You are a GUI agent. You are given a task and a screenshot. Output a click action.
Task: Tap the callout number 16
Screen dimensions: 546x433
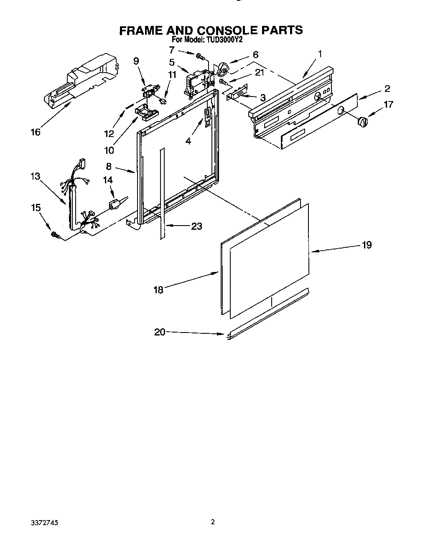pos(36,132)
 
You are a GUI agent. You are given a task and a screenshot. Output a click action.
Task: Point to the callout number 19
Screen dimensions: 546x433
pos(367,245)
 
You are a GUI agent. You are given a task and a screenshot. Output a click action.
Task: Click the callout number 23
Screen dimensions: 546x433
pos(196,226)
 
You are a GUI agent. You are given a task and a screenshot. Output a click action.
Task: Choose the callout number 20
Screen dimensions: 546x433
pos(160,332)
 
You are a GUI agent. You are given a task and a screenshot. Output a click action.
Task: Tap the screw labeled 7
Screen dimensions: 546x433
pos(199,55)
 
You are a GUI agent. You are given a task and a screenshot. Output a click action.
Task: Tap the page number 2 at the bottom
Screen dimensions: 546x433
pos(213,522)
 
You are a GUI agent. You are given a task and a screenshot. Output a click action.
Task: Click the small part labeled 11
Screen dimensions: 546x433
pos(163,100)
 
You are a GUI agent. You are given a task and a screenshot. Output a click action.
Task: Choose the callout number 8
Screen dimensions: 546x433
pos(108,166)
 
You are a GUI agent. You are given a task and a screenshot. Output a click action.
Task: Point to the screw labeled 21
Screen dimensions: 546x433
pos(222,81)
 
